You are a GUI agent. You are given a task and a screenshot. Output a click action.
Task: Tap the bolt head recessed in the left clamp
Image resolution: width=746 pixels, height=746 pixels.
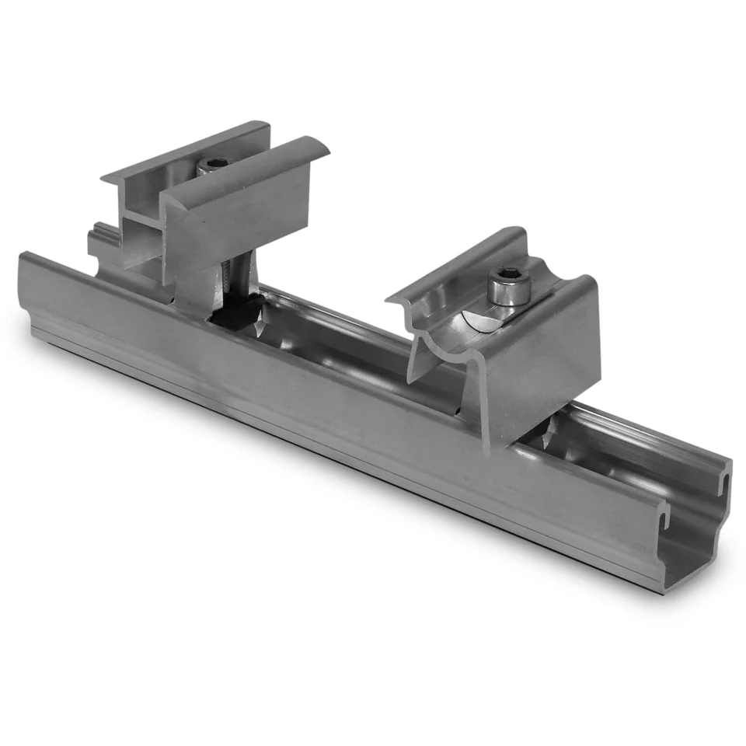(x=213, y=165)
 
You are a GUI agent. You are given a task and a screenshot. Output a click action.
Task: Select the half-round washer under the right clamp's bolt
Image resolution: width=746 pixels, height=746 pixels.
(x=476, y=320)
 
